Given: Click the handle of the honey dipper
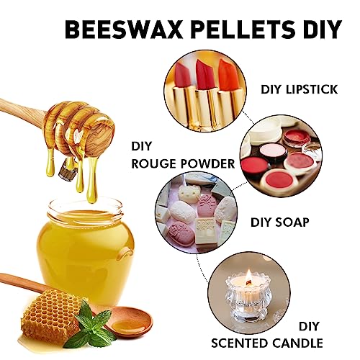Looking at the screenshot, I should coord(22,109).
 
